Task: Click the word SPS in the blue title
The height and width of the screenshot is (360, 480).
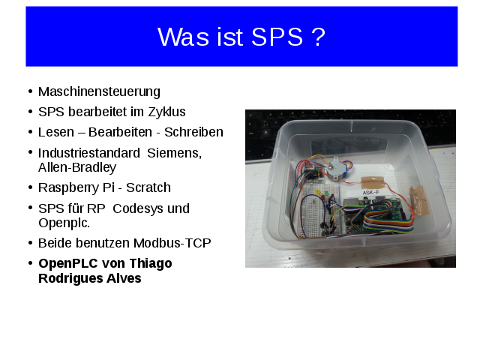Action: point(277,37)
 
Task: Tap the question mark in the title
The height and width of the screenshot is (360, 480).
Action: point(319,37)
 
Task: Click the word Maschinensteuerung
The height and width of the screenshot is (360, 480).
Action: point(99,91)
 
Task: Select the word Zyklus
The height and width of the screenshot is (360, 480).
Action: point(166,112)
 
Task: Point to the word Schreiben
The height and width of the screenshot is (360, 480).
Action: point(193,132)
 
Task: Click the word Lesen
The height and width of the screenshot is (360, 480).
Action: point(56,132)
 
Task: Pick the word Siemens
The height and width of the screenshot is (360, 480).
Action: point(175,153)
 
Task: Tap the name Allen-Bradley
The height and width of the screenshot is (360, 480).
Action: point(77,167)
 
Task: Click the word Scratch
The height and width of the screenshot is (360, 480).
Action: point(148,187)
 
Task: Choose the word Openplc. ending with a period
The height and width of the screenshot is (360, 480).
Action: point(64,223)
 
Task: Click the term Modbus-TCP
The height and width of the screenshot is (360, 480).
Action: point(172,243)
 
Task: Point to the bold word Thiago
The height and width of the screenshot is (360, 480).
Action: point(151,264)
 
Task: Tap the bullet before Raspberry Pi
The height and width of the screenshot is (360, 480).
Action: point(30,187)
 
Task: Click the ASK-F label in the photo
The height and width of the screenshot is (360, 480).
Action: point(370,193)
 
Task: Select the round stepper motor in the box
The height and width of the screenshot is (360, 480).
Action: point(335,168)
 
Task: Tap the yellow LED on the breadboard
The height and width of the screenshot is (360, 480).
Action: point(318,193)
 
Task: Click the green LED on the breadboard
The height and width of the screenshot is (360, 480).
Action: point(326,193)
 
